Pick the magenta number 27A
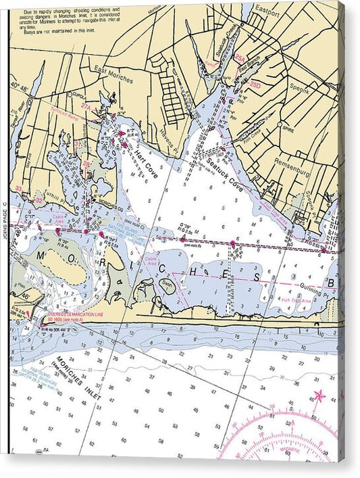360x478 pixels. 86,107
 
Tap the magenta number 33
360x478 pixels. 19,189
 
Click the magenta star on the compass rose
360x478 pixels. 318,396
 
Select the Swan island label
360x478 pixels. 167,285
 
